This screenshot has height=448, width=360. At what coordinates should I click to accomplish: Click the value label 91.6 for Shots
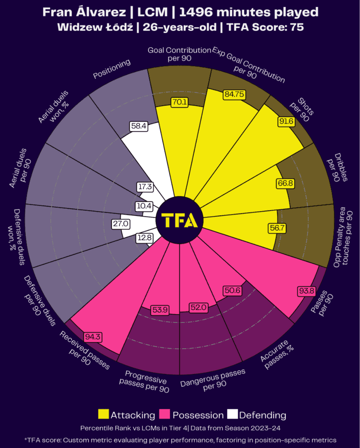pyautogui.click(x=287, y=122)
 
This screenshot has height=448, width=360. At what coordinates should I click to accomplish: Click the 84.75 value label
pyautogui.click(x=234, y=94)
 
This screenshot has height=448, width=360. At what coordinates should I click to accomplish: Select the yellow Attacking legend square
pyautogui.click(x=103, y=414)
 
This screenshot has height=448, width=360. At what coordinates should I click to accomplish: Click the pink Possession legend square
pyautogui.click(x=165, y=414)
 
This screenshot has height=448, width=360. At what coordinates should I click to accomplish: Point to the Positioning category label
pyautogui.click(x=112, y=69)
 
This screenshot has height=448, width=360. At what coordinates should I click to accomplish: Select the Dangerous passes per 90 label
pyautogui.click(x=213, y=379)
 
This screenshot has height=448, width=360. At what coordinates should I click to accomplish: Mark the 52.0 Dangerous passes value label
pyautogui.click(x=198, y=308)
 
